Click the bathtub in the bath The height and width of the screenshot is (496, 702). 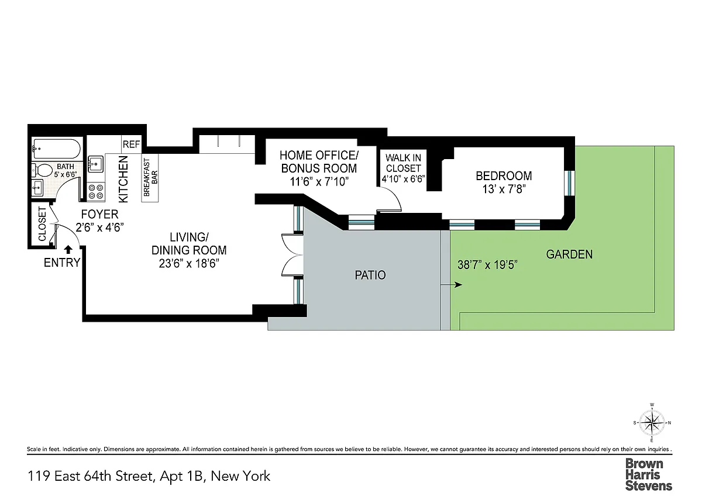[56, 149]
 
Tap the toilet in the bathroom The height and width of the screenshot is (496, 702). [42, 170]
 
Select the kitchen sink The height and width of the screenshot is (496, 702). [95, 164]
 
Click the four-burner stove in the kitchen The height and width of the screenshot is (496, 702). [96, 192]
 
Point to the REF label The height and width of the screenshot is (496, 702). [131, 144]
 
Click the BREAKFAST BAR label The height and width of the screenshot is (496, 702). [150, 177]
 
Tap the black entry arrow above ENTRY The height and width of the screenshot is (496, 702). [68, 249]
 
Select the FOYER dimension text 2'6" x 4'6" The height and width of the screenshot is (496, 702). [99, 228]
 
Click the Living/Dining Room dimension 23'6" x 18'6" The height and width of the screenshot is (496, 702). [188, 264]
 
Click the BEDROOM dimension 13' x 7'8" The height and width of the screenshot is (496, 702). [504, 190]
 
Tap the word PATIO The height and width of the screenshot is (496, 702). [370, 275]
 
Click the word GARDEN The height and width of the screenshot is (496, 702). [569, 254]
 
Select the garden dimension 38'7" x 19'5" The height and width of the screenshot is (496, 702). [487, 265]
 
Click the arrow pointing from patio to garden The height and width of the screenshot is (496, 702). [451, 285]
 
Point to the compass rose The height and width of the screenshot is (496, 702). [652, 423]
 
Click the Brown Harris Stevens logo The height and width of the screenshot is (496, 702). [649, 475]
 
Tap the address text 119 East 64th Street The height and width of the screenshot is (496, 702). [91, 476]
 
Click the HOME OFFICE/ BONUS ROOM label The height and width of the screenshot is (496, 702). [319, 161]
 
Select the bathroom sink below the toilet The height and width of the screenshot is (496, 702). [38, 188]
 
